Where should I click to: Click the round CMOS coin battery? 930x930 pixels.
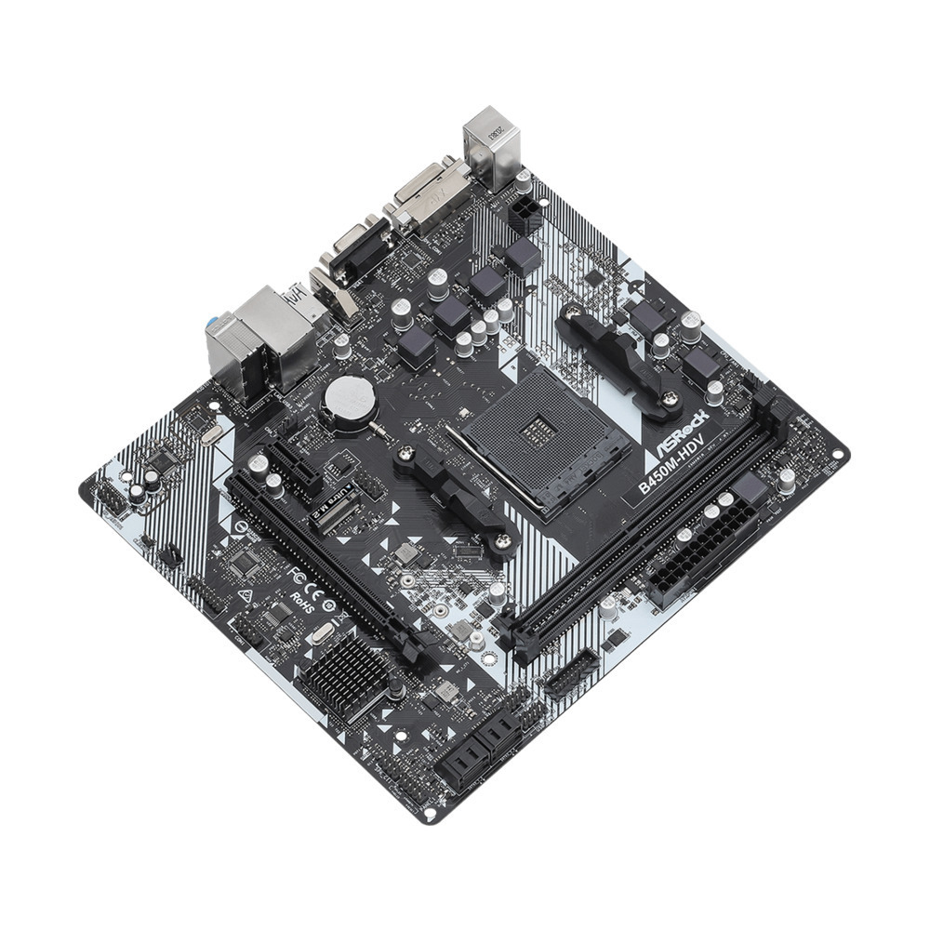(x=349, y=399)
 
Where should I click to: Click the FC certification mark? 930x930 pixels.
(x=296, y=569)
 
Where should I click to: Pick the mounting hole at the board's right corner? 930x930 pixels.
(x=839, y=456)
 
